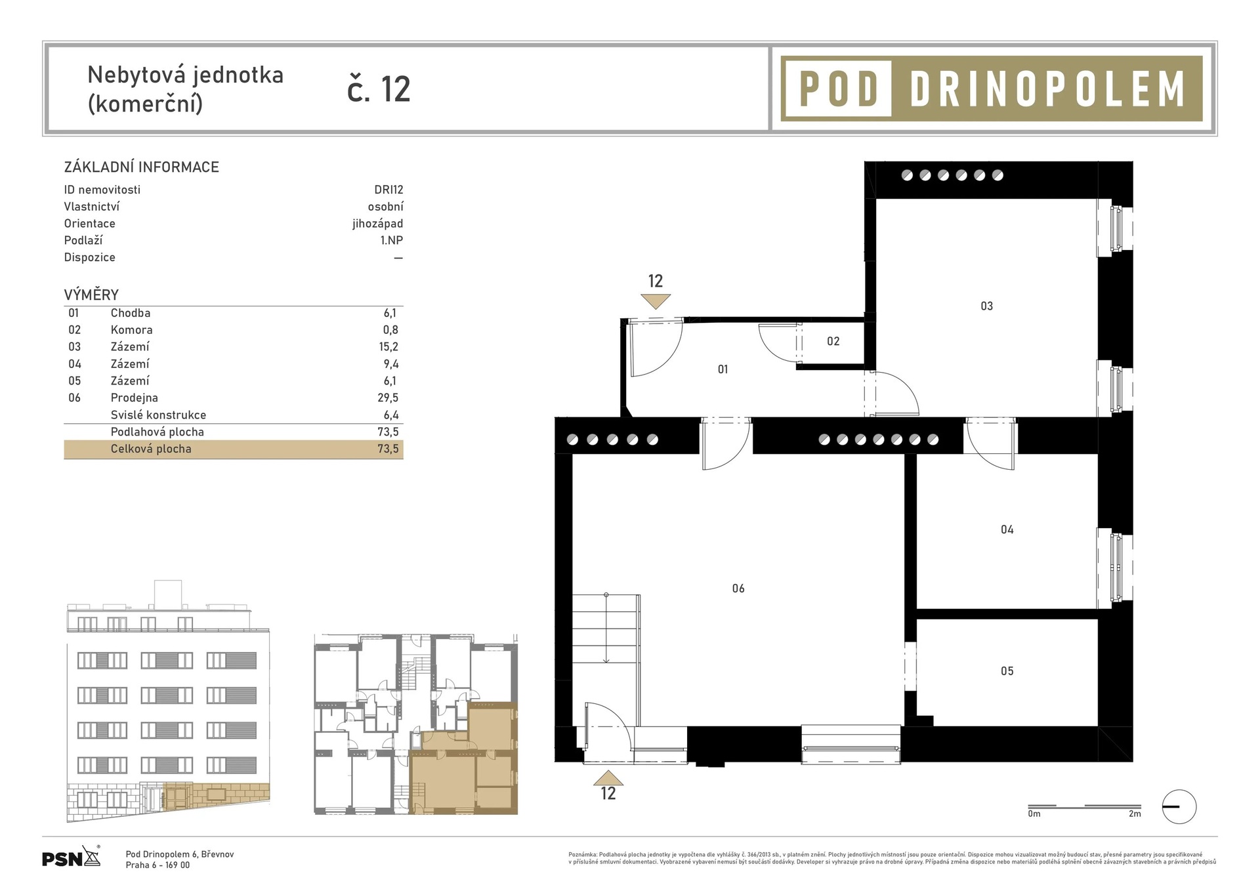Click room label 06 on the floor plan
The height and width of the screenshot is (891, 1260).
738,589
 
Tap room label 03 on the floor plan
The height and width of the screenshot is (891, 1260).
986,306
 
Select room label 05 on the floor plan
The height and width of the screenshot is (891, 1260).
1007,671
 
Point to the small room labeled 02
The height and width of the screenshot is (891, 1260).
833,341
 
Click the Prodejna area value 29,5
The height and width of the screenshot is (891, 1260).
388,398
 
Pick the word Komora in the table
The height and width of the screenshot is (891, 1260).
131,330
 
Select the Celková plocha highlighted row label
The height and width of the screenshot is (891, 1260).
151,449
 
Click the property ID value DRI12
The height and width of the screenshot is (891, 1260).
388,190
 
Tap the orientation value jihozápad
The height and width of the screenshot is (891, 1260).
377,224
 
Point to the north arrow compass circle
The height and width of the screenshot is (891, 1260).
1179,806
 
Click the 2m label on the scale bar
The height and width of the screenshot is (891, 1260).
1135,814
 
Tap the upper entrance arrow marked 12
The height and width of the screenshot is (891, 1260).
656,301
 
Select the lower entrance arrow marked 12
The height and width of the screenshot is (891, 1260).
608,778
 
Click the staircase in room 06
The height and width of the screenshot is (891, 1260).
606,630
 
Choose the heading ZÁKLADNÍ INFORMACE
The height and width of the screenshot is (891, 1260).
141,167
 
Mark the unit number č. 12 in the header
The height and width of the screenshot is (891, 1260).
379,89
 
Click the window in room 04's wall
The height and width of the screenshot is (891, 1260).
1116,568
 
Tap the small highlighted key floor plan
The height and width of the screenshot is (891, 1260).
415,724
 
